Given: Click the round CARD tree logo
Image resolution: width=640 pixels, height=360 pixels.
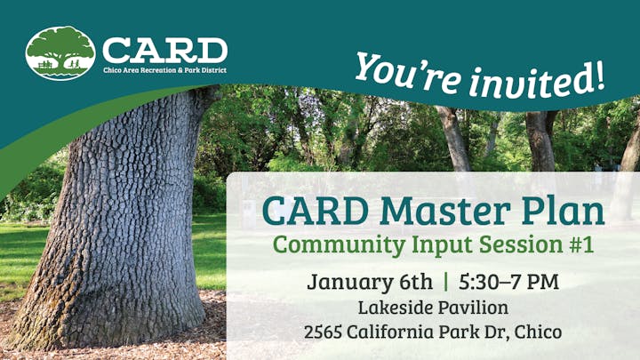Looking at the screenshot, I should pyautogui.click(x=60, y=52).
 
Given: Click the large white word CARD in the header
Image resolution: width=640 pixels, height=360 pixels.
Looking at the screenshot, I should pyautogui.click(x=164, y=49).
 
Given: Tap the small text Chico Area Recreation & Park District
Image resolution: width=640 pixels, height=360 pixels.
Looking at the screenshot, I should pyautogui.click(x=164, y=70).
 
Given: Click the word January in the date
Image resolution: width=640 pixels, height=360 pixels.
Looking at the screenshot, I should pyautogui.click(x=348, y=282).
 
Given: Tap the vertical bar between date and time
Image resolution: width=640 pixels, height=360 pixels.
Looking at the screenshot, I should pyautogui.click(x=445, y=282).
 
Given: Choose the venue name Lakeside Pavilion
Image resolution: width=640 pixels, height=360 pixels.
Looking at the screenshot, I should pyautogui.click(x=433, y=308).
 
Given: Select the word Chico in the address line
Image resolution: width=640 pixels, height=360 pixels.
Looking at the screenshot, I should pyautogui.click(x=540, y=333).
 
